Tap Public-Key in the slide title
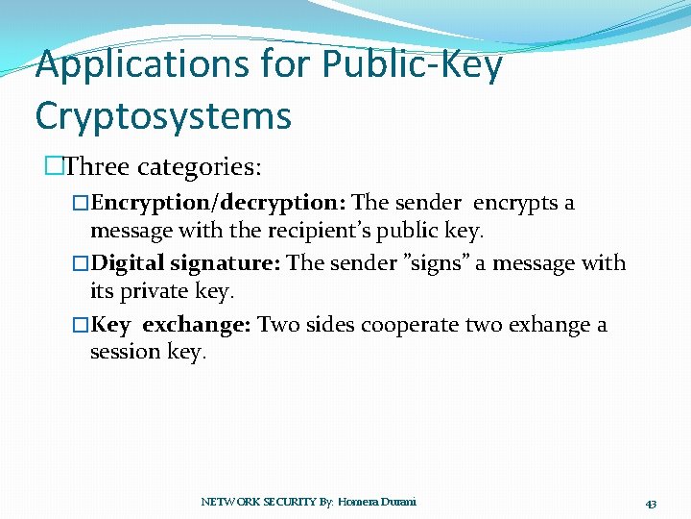(413, 65)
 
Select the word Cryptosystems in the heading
(163, 115)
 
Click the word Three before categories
(97, 167)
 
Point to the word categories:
(199, 167)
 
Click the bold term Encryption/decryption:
(219, 204)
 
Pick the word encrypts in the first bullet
(514, 204)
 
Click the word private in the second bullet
(157, 290)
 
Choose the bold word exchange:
(197, 325)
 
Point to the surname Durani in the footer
(398, 502)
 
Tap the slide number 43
(651, 504)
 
